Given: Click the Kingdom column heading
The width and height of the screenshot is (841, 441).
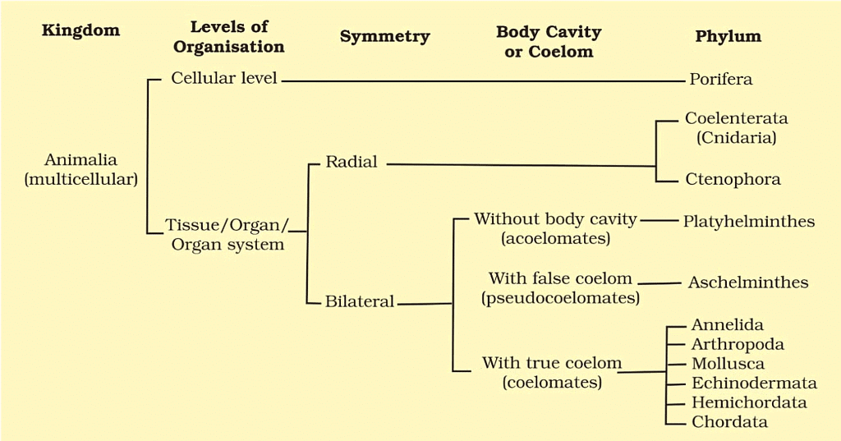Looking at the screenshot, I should tap(80, 31).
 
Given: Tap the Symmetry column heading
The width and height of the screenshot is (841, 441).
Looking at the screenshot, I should tap(384, 36).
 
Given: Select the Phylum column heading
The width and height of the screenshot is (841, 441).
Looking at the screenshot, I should tap(728, 36).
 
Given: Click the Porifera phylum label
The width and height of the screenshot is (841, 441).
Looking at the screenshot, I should tap(721, 80).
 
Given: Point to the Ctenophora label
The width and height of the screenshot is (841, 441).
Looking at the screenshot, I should tap(733, 179).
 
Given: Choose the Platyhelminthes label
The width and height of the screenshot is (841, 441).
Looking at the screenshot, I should tap(748, 221).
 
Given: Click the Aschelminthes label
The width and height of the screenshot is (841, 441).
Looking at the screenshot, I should tap(748, 283).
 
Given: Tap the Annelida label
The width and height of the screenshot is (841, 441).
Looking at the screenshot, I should tap(727, 325).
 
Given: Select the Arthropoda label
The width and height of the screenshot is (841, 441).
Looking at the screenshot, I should tap(737, 344).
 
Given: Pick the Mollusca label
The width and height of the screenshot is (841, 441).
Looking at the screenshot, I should tap(728, 364).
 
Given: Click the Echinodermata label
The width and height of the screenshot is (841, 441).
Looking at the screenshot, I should tap(754, 384).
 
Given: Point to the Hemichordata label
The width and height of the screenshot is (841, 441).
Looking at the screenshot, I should tap(748, 402).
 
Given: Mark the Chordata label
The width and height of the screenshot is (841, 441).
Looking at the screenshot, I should tap(729, 422).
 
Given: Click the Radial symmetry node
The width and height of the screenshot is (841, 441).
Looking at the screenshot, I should tap(352, 162).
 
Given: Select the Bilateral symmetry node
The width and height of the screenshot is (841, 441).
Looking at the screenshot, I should tap(360, 301).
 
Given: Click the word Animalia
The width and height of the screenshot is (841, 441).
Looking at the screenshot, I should tap(80, 159).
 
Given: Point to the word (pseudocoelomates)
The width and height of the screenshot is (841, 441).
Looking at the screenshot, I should tap(560, 298).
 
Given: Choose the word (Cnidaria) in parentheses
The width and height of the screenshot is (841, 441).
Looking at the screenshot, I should tap(736, 138).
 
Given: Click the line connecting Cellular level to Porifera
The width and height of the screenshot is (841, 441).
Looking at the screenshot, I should tap(485, 81).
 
